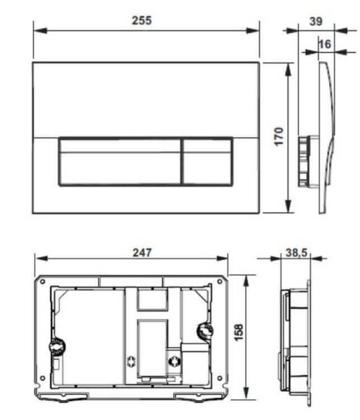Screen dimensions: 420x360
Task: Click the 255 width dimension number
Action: coord(141,20)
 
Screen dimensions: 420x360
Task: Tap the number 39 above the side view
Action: coord(316,21)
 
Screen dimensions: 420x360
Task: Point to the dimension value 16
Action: coord(324,43)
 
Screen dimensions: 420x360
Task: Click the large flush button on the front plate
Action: coord(118,161)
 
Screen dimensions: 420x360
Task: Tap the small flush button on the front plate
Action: coord(207,161)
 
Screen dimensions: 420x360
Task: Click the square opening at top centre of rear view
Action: coord(152,300)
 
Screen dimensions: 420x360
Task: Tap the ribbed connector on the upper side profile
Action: coord(304,160)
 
